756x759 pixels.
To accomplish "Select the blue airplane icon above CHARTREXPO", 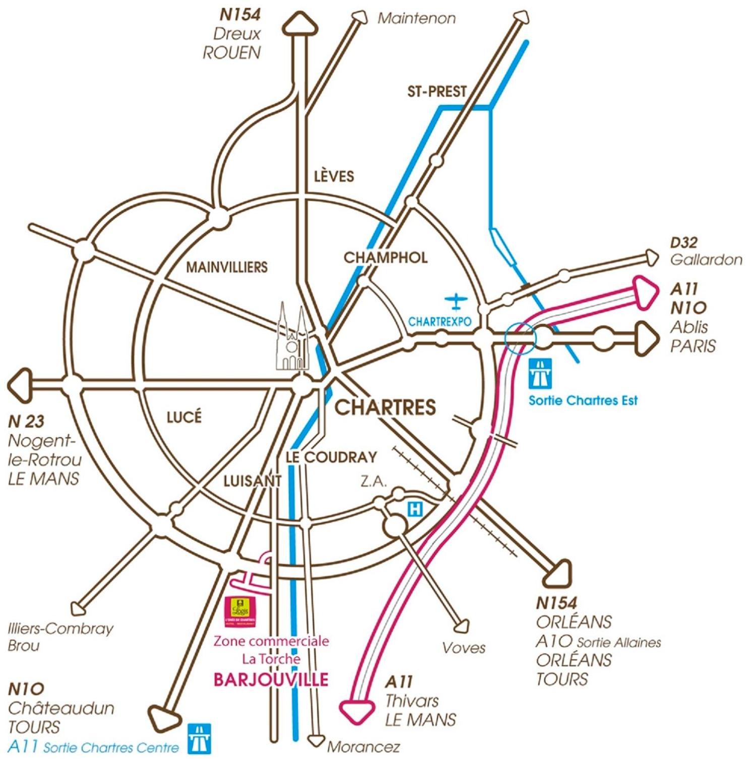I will [456, 301].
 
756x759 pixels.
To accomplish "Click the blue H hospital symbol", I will [415, 509].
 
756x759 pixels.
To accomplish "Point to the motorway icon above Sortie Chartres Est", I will [540, 374].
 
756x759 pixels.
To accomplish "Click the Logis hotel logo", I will [240, 611].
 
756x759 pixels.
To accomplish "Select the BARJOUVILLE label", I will [271, 679].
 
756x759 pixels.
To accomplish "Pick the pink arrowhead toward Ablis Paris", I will [645, 292].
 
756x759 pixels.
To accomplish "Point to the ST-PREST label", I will [436, 92].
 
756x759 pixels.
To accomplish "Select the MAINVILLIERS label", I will [227, 267].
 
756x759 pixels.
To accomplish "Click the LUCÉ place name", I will [183, 417].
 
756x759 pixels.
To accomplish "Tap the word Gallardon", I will [706, 260].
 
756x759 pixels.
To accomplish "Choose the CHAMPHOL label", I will [386, 257].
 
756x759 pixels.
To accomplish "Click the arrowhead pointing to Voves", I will [461, 626].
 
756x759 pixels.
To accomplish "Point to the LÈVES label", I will [334, 176].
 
